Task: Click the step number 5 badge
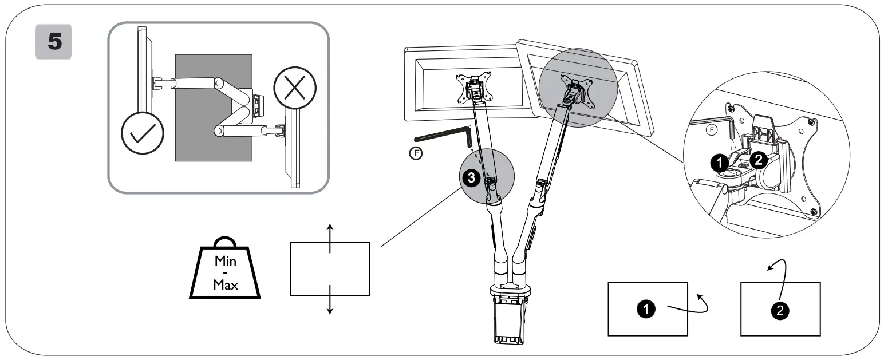pos(53,41)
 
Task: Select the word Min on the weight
pos(225,261)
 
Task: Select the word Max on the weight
pos(225,284)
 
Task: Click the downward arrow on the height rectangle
pos(330,300)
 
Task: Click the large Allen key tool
pos(441,137)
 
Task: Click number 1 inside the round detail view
pos(719,163)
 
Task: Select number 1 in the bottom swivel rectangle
pos(646,309)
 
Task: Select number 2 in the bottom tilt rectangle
pos(780,310)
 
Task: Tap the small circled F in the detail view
pos(712,130)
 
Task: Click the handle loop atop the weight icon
pos(224,243)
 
